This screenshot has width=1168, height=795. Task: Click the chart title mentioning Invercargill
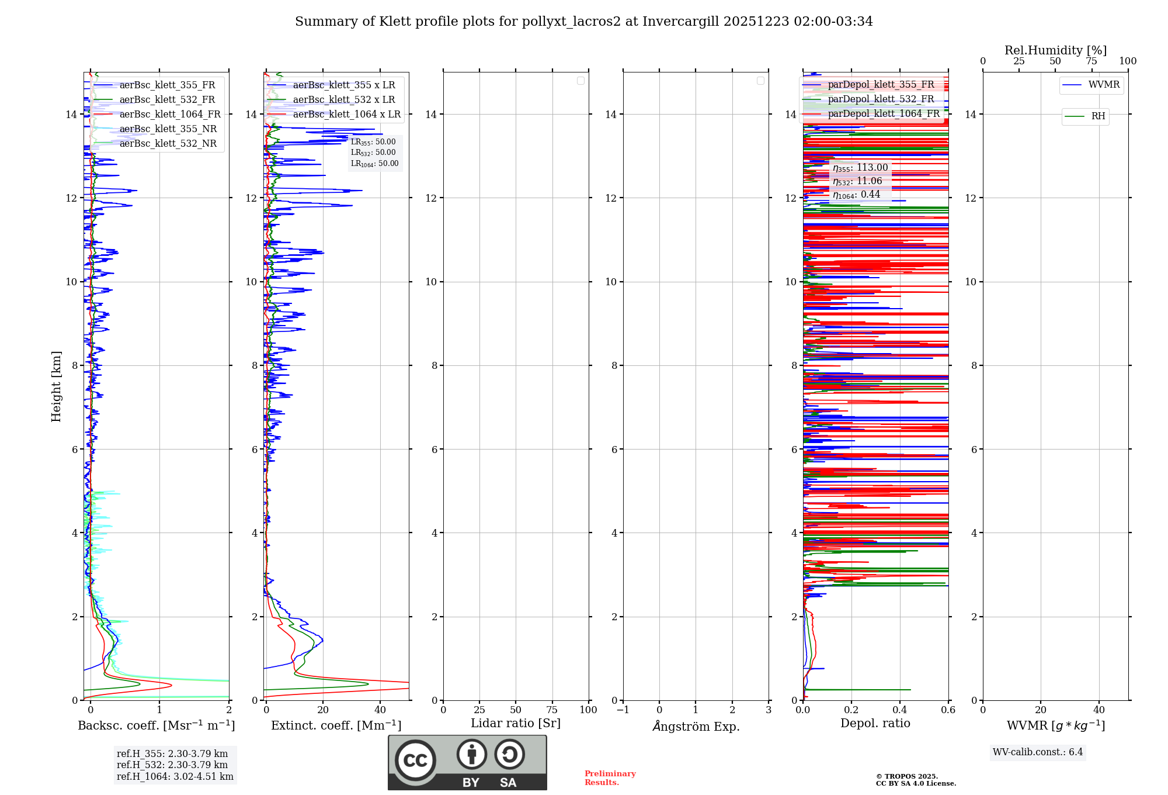[x=583, y=22]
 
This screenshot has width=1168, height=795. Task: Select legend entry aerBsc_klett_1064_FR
[x=169, y=115]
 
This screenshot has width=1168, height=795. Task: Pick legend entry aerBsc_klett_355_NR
[x=168, y=129]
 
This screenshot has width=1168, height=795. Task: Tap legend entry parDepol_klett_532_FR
[x=881, y=99]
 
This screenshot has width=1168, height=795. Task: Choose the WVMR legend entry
[x=1103, y=85]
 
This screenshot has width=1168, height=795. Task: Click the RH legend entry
[x=1097, y=116]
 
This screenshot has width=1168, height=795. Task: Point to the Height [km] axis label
[x=56, y=386]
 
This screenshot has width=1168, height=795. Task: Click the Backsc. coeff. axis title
[x=156, y=725]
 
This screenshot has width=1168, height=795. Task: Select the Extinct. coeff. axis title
[x=336, y=725]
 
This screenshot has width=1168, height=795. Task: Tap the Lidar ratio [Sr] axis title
[x=516, y=724]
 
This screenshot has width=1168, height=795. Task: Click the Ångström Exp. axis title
[x=696, y=726]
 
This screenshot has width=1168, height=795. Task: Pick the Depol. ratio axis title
[x=875, y=724]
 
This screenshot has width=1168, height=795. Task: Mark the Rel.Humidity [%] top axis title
[x=1055, y=50]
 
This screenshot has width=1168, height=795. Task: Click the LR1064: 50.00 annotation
[x=374, y=164]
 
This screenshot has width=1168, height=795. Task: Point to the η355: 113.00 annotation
[x=860, y=168]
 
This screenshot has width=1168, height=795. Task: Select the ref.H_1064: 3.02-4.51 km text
[x=175, y=777]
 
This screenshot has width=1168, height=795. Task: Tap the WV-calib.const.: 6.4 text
[x=1037, y=752]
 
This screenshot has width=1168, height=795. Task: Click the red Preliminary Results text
[x=610, y=778]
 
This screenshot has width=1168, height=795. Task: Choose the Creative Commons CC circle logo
[x=415, y=760]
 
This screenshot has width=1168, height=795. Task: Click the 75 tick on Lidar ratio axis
[x=552, y=710]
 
